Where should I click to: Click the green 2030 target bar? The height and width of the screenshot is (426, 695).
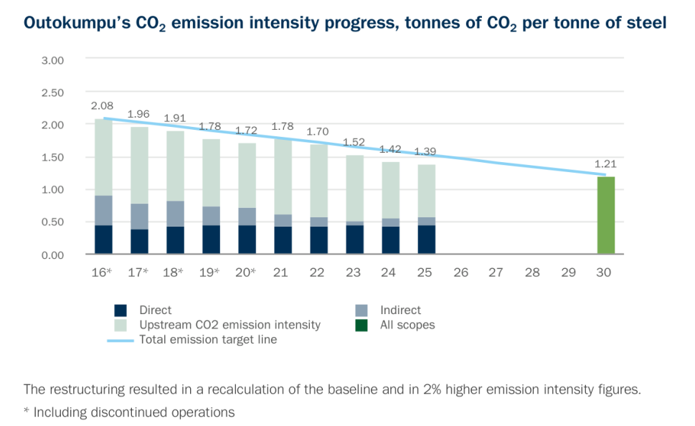point(606,215)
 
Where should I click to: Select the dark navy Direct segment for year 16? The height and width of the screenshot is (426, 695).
point(104,240)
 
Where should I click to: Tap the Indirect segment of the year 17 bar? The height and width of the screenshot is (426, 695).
point(140,217)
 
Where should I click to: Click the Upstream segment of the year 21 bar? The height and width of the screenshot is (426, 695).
point(283,177)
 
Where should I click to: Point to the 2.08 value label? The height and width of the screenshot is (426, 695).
point(103,106)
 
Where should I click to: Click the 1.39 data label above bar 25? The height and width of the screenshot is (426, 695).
point(425,151)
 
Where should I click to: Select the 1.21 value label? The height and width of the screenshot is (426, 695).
point(605,164)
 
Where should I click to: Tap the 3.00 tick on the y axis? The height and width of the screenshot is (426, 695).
point(53,60)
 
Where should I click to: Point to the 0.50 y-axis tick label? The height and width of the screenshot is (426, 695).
point(53,222)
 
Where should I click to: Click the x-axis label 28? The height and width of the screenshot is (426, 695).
point(532,273)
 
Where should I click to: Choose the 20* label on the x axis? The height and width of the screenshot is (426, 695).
point(245,273)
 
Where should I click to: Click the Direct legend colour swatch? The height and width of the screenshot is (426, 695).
point(120,311)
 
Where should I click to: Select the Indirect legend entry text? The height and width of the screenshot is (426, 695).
point(400,311)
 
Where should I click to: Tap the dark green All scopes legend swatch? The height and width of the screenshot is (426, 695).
point(361,326)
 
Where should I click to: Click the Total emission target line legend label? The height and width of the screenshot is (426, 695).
point(208,339)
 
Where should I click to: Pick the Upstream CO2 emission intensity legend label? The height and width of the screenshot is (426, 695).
point(230,325)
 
